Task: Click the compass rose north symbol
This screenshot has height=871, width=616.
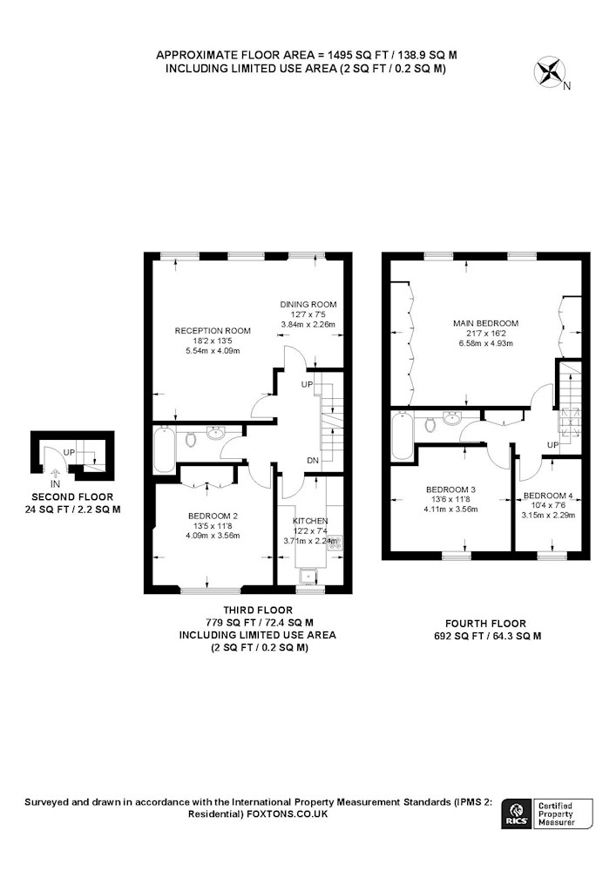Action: pyautogui.click(x=550, y=74)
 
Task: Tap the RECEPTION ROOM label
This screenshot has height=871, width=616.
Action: pyautogui.click(x=213, y=330)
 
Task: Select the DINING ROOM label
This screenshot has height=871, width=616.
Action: pyautogui.click(x=308, y=304)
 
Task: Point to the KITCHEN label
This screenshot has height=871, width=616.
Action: pyautogui.click(x=310, y=521)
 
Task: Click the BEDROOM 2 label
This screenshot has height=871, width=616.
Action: pyautogui.click(x=213, y=516)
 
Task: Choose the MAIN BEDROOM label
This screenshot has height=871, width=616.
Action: pyautogui.click(x=486, y=323)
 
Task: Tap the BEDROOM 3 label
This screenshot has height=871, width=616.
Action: pyautogui.click(x=450, y=490)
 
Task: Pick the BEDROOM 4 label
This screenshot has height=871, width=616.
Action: pyautogui.click(x=548, y=496)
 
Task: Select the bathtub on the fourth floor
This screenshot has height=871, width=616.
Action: pyautogui.click(x=402, y=435)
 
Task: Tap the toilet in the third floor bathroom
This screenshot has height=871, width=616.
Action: pyautogui.click(x=191, y=439)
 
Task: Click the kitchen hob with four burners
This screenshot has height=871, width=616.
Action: pyautogui.click(x=335, y=543)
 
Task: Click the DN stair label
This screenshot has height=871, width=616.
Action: pyautogui.click(x=313, y=460)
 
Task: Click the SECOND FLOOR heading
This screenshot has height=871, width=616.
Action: pyautogui.click(x=72, y=497)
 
